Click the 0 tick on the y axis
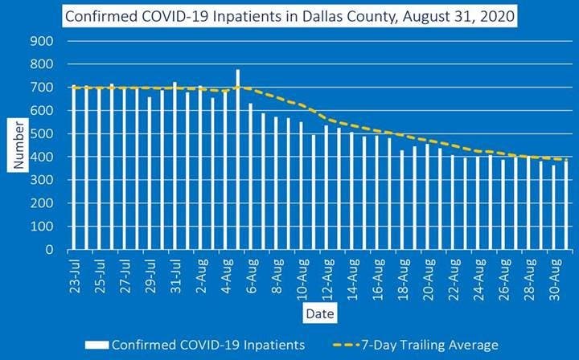pyautogui.click(x=49, y=250)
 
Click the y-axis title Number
pyautogui.click(x=18, y=145)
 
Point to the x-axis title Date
pyautogui.click(x=319, y=310)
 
